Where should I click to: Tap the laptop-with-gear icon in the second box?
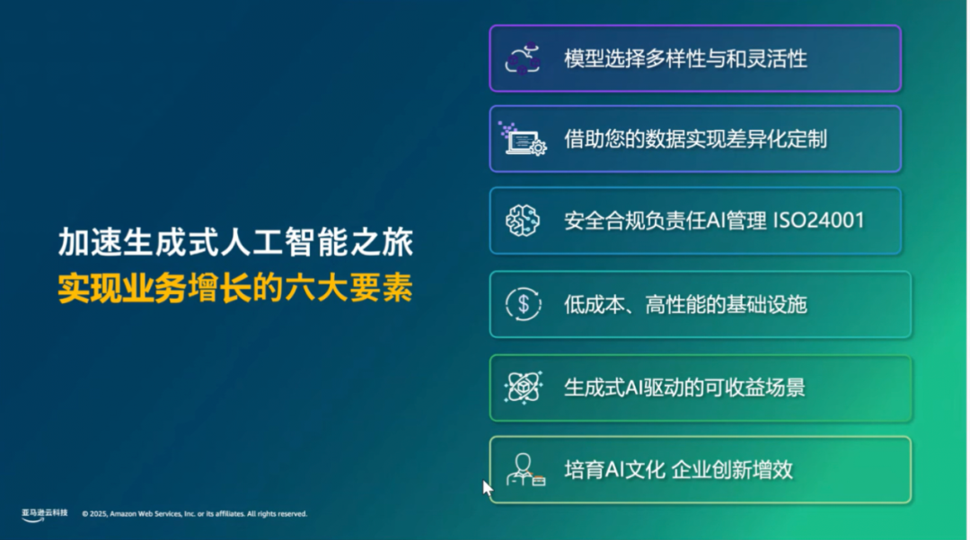523,139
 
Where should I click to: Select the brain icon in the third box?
523,221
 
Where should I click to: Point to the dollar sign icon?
523,304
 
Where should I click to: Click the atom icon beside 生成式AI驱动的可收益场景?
523,388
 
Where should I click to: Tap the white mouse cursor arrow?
487,487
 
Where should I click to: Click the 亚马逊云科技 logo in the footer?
45,514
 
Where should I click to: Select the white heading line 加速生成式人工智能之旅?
235,243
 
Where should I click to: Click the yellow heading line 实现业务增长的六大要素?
235,289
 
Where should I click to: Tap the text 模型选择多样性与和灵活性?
685,59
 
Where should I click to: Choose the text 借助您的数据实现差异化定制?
695,139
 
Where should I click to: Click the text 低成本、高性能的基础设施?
685,304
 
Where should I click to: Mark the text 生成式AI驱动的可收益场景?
684,388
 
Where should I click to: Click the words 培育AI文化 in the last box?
614,469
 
